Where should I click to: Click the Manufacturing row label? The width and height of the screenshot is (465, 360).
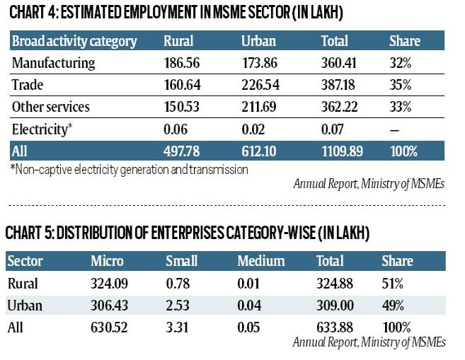53,63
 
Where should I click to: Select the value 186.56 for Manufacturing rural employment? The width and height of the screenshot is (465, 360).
181,63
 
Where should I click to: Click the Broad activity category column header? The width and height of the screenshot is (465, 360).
74,41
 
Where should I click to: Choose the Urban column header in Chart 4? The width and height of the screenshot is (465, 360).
258,41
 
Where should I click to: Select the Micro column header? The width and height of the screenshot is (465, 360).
108,261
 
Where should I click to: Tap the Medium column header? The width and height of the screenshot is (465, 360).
260,261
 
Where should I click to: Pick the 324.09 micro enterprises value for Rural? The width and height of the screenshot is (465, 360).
109,284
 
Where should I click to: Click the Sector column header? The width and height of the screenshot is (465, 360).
25,261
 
